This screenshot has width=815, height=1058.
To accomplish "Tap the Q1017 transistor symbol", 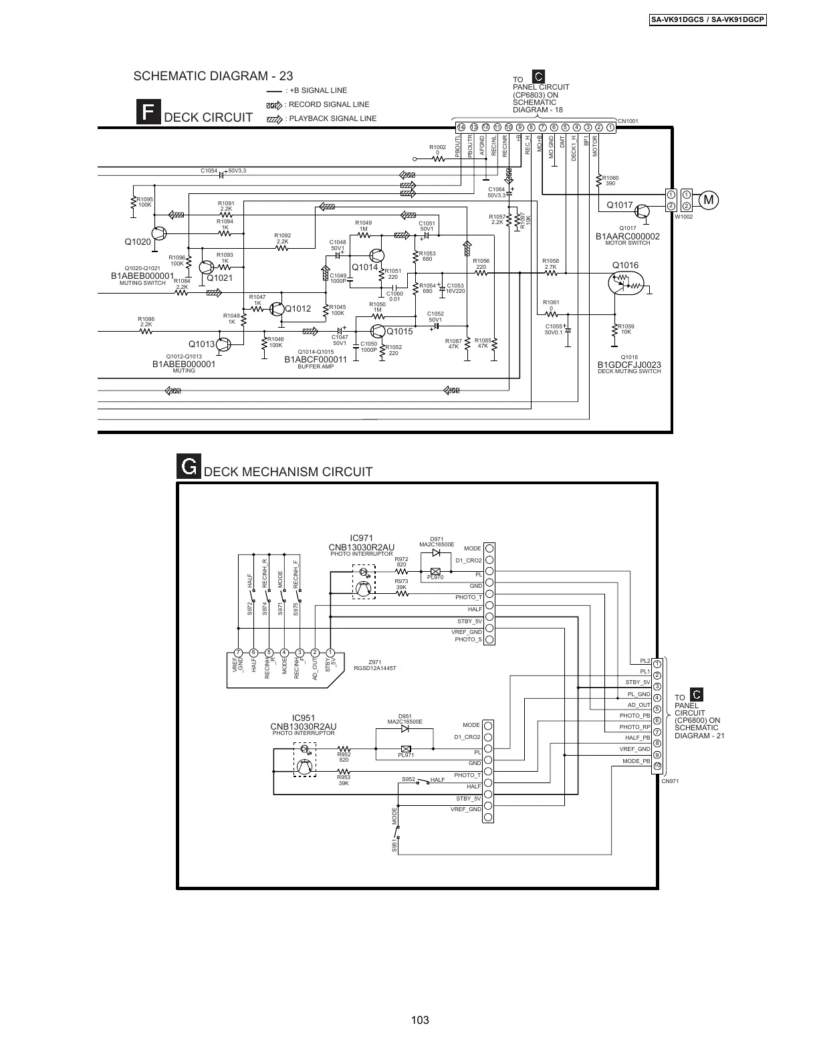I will [643, 212].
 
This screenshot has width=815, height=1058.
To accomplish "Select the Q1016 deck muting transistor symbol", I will [622, 284].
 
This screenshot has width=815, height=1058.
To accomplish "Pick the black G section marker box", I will [189, 467].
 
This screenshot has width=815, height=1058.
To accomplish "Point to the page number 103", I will [420, 1020].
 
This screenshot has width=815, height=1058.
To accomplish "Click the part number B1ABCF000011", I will [316, 360].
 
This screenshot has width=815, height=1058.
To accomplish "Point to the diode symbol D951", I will [404, 729].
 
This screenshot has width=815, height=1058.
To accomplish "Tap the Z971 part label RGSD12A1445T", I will [374, 668].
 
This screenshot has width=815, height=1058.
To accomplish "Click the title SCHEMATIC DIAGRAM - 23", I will [213, 76].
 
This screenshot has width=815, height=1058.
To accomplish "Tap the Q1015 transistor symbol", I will [378, 332].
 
